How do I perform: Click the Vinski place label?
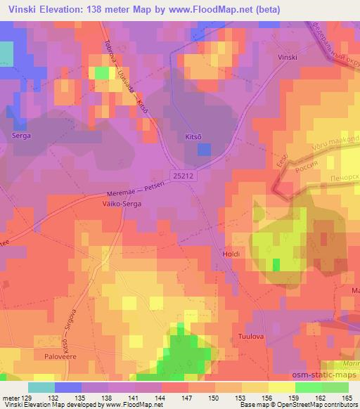click(288, 56)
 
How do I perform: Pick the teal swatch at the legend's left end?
click(41, 387)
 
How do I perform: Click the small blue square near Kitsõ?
click(203, 149)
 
